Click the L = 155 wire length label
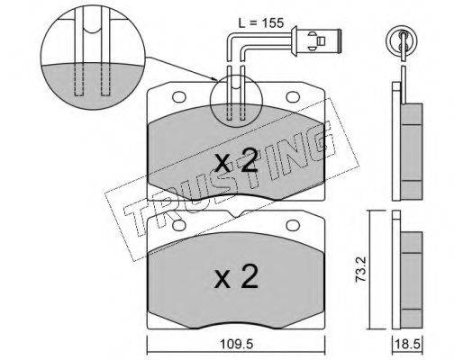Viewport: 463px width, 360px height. coord(261,22)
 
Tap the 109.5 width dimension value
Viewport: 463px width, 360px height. coord(237,344)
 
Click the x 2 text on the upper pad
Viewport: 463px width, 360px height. coord(237,160)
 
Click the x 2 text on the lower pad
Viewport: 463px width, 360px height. coord(237,276)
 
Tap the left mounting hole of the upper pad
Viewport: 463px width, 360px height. coord(179,96)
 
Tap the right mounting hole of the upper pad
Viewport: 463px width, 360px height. coord(293,96)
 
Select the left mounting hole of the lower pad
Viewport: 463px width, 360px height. coord(179,225)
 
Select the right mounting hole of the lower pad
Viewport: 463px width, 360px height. coord(293,225)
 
